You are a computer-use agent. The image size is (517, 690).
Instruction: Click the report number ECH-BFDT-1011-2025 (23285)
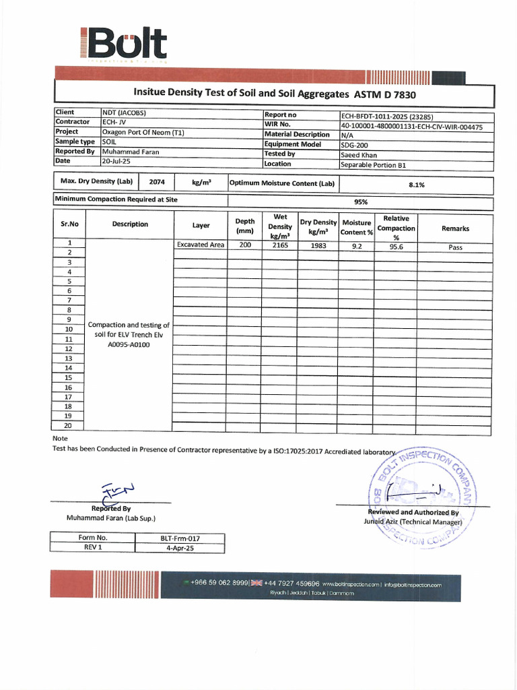(x=381, y=116)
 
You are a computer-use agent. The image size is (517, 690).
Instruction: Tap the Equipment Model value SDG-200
(x=354, y=145)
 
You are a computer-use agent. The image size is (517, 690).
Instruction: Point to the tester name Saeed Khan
(x=359, y=154)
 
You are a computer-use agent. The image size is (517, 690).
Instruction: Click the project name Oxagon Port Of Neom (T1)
(x=143, y=132)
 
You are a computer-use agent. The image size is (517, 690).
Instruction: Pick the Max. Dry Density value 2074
(x=156, y=183)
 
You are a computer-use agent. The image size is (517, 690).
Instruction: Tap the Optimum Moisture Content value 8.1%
(x=416, y=184)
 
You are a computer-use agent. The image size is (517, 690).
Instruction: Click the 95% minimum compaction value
(x=360, y=201)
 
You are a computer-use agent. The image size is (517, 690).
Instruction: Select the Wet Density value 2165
(x=280, y=246)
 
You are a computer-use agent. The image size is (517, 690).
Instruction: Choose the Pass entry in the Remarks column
(x=455, y=247)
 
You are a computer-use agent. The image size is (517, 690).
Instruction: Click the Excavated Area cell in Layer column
(x=200, y=245)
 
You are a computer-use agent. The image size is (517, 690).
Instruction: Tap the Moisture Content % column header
(x=357, y=227)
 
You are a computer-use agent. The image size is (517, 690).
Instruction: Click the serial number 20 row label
(x=68, y=426)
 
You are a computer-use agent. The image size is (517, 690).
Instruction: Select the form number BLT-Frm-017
(x=180, y=538)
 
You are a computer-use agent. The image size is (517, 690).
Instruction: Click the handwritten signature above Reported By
(x=116, y=493)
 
